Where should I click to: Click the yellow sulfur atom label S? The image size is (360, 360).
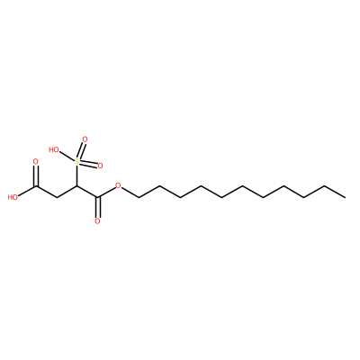(x=77, y=162)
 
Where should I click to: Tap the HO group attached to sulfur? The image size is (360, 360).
(x=54, y=149)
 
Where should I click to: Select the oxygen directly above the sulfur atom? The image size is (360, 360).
(x=85, y=139)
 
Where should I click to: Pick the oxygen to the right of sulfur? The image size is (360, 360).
(x=100, y=166)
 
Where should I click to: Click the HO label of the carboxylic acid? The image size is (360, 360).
(x=13, y=197)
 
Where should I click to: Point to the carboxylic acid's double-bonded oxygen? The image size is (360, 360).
(x=36, y=162)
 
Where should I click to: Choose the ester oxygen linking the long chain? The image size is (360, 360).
(x=118, y=186)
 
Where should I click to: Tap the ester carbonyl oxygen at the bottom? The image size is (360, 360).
(x=97, y=221)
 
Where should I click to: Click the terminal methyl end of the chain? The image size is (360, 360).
(x=346, y=197)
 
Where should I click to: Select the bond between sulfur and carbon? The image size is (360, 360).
(x=77, y=175)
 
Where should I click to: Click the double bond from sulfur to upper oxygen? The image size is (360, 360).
(x=81, y=151)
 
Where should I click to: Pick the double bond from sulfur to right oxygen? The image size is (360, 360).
(x=89, y=164)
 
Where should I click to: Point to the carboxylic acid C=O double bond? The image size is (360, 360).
(x=36, y=175)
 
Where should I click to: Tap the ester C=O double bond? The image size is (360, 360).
(x=97, y=208)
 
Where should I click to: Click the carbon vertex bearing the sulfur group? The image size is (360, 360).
(x=77, y=186)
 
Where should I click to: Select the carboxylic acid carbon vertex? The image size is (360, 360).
(x=36, y=186)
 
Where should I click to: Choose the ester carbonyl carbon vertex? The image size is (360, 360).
(x=97, y=197)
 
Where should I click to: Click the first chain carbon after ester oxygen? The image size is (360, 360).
(x=139, y=197)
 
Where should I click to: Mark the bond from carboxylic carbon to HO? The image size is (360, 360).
(x=27, y=191)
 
